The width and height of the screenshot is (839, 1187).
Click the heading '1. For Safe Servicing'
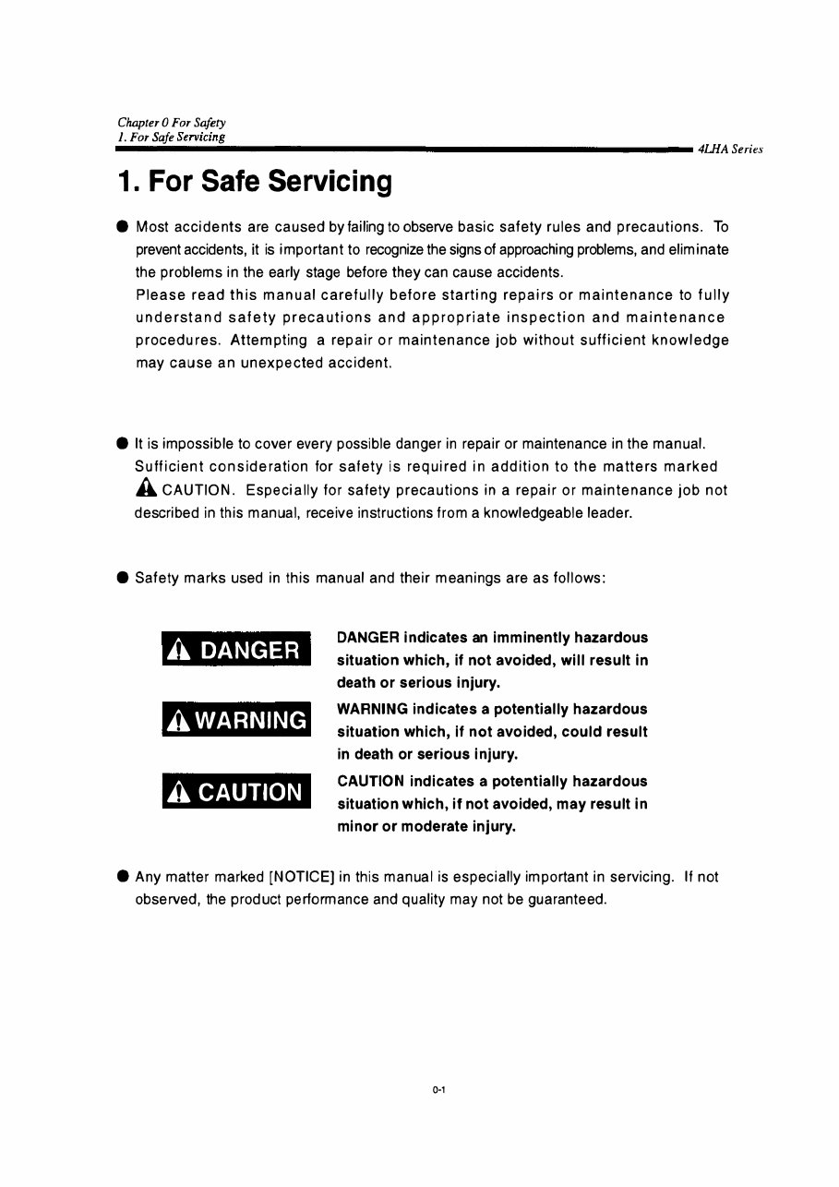255,182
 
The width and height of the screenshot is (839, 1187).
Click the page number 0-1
438,1090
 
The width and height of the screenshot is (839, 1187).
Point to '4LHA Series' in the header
731,150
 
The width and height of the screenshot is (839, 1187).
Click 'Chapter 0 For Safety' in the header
172,123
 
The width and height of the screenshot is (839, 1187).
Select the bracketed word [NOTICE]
301,876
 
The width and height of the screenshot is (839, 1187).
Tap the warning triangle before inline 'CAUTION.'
144,490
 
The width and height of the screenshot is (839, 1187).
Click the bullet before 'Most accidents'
123,227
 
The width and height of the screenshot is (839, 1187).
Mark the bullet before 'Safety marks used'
123,579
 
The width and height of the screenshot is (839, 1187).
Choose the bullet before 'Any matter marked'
123,877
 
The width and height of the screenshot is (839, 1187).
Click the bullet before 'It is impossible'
123,446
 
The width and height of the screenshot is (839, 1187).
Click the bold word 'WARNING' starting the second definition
373,709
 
